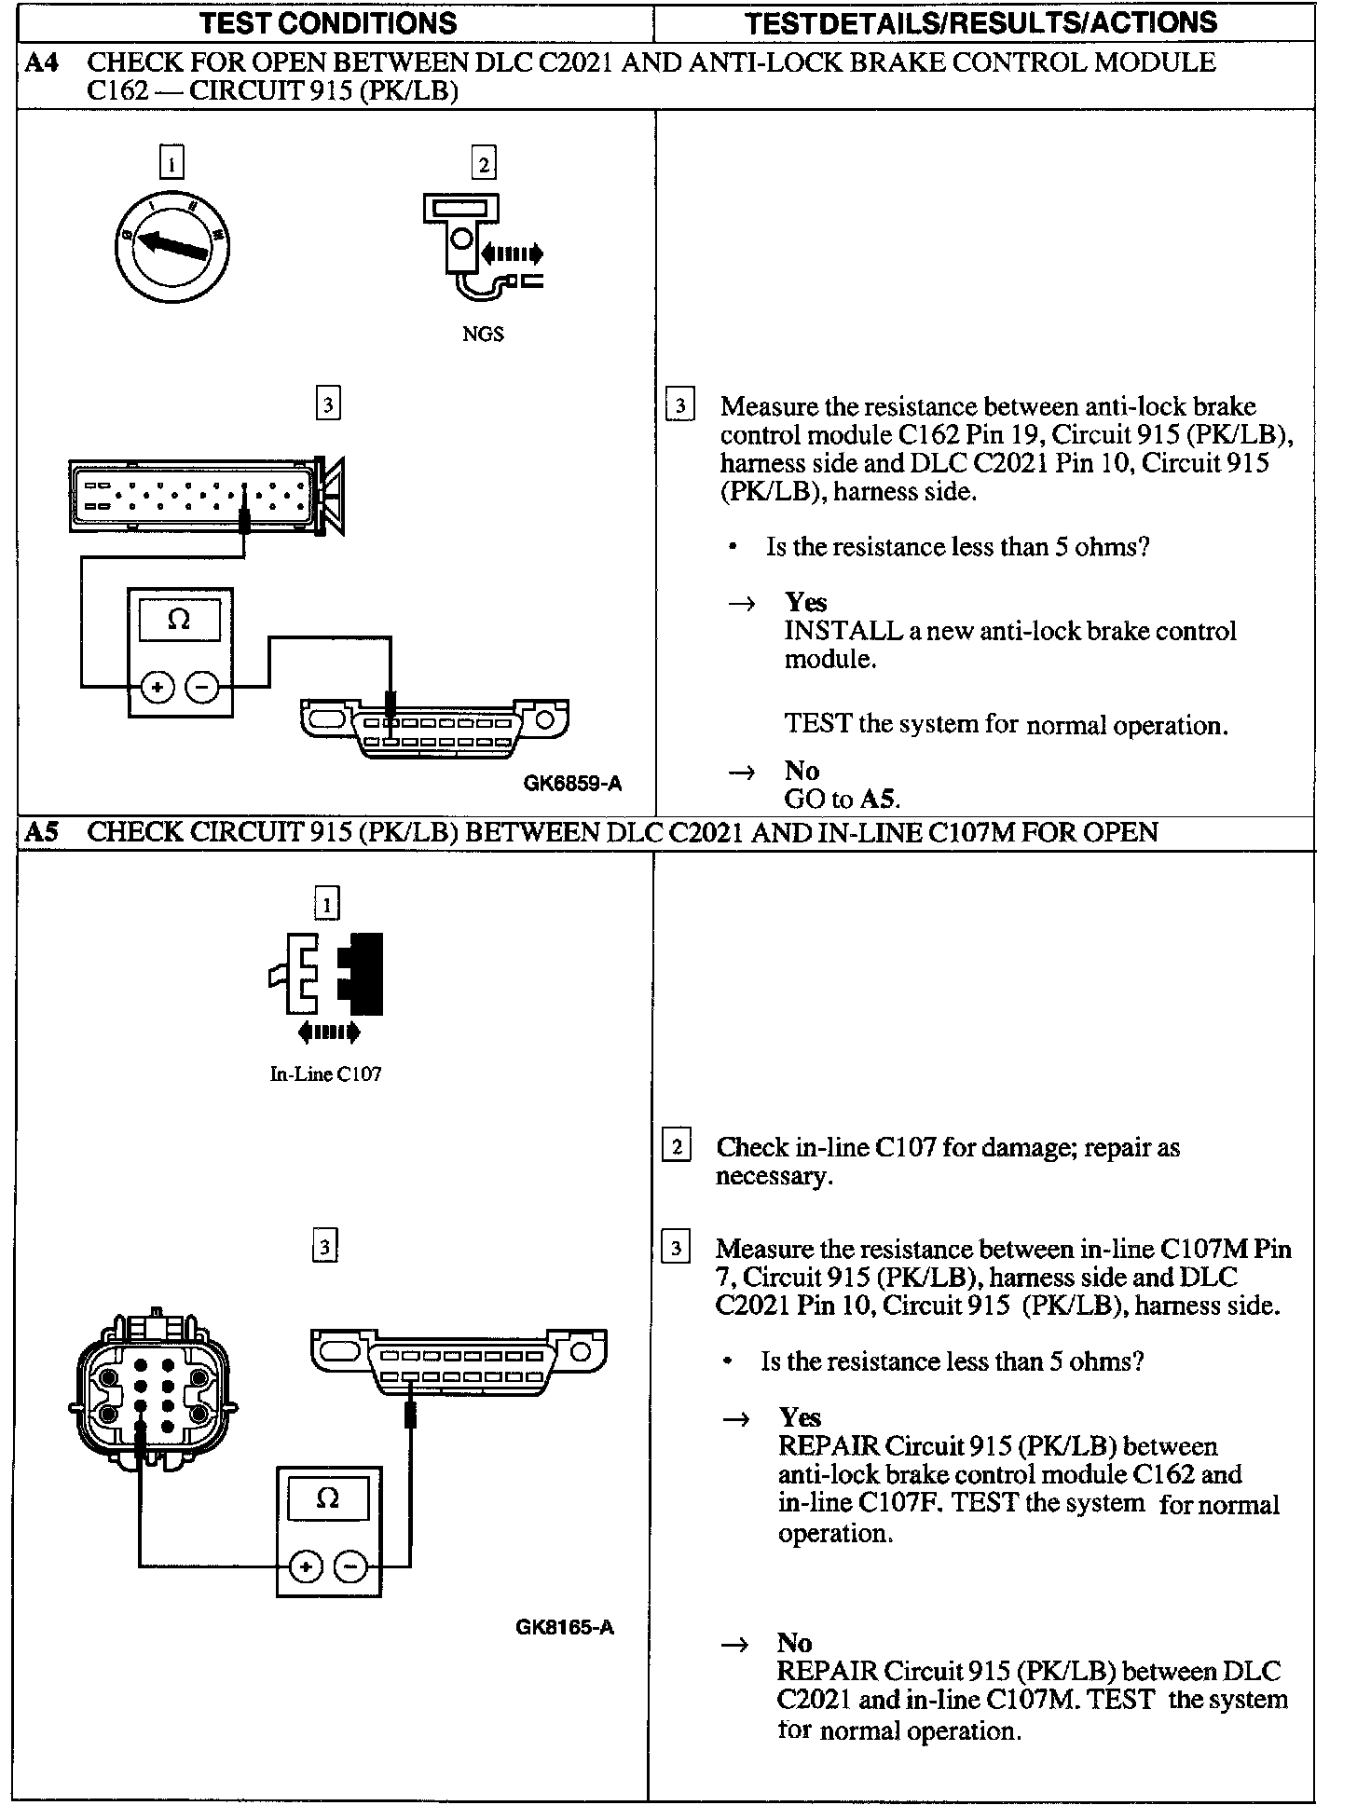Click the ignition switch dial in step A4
171,247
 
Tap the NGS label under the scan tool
483,335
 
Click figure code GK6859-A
571,784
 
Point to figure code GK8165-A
564,1627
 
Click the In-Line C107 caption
325,1074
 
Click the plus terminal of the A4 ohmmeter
157,688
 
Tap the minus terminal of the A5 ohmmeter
350,1566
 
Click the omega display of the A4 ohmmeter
179,620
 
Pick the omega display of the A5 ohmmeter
328,1498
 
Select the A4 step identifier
40,62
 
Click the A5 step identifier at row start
40,832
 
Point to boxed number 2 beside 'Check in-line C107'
676,1145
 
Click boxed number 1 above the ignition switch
171,163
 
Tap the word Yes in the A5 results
800,1417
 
